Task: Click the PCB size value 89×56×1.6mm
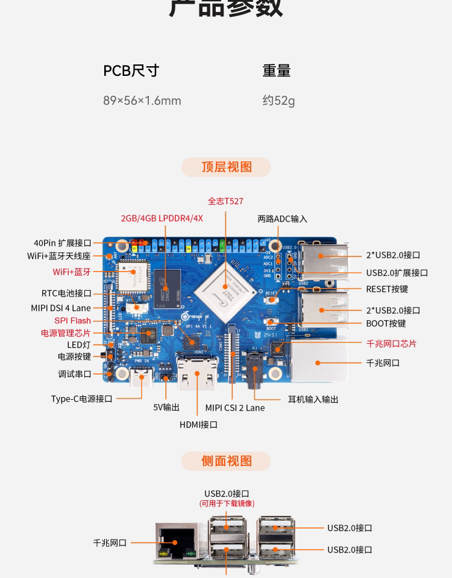click(x=142, y=101)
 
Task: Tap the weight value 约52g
click(x=278, y=101)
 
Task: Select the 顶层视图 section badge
click(x=227, y=167)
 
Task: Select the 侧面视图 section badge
click(x=227, y=461)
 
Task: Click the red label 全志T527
click(x=225, y=201)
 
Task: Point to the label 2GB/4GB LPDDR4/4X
click(x=162, y=218)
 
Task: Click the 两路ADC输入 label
click(x=282, y=219)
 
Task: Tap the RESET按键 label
click(x=387, y=289)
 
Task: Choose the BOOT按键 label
click(x=386, y=323)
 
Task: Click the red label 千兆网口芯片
click(x=391, y=344)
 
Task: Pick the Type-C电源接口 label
click(x=82, y=399)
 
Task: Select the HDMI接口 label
click(x=198, y=424)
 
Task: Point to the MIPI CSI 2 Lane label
click(x=234, y=408)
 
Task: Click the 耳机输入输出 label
click(x=313, y=399)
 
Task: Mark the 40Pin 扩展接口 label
click(x=63, y=243)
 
